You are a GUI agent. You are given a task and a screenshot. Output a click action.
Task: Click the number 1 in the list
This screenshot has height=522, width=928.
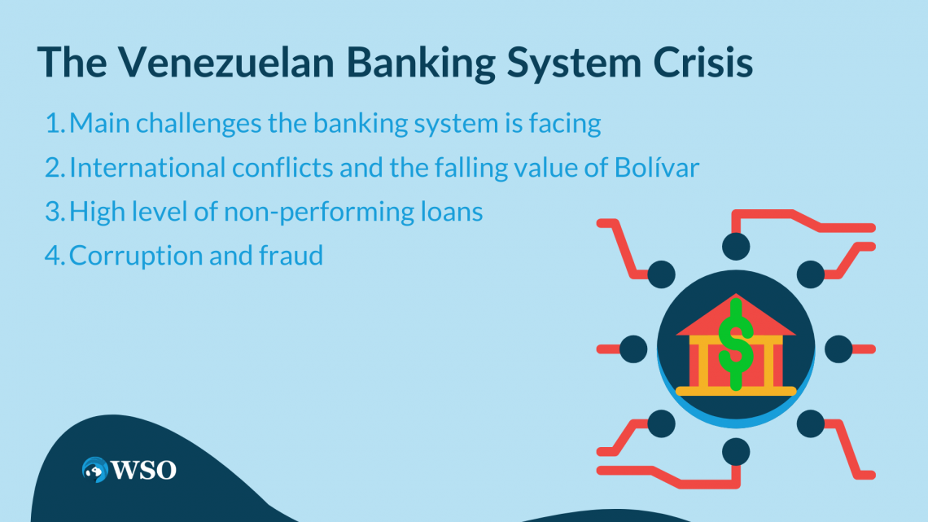(x=53, y=124)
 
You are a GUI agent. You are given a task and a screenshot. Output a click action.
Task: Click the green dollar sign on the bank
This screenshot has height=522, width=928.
(x=737, y=342)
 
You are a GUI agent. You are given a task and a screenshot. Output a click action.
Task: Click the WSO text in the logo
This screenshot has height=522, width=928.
(x=143, y=470)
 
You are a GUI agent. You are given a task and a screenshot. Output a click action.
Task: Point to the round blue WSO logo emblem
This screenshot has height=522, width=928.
(x=95, y=469)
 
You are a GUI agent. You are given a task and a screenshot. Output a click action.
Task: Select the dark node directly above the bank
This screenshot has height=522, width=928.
(x=736, y=246)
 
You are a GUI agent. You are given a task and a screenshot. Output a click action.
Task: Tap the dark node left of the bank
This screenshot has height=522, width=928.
(x=633, y=349)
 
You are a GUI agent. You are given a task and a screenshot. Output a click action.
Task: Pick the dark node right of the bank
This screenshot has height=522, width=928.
(x=838, y=349)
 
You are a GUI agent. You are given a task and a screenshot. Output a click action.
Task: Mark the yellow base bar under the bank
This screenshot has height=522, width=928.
(x=736, y=391)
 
